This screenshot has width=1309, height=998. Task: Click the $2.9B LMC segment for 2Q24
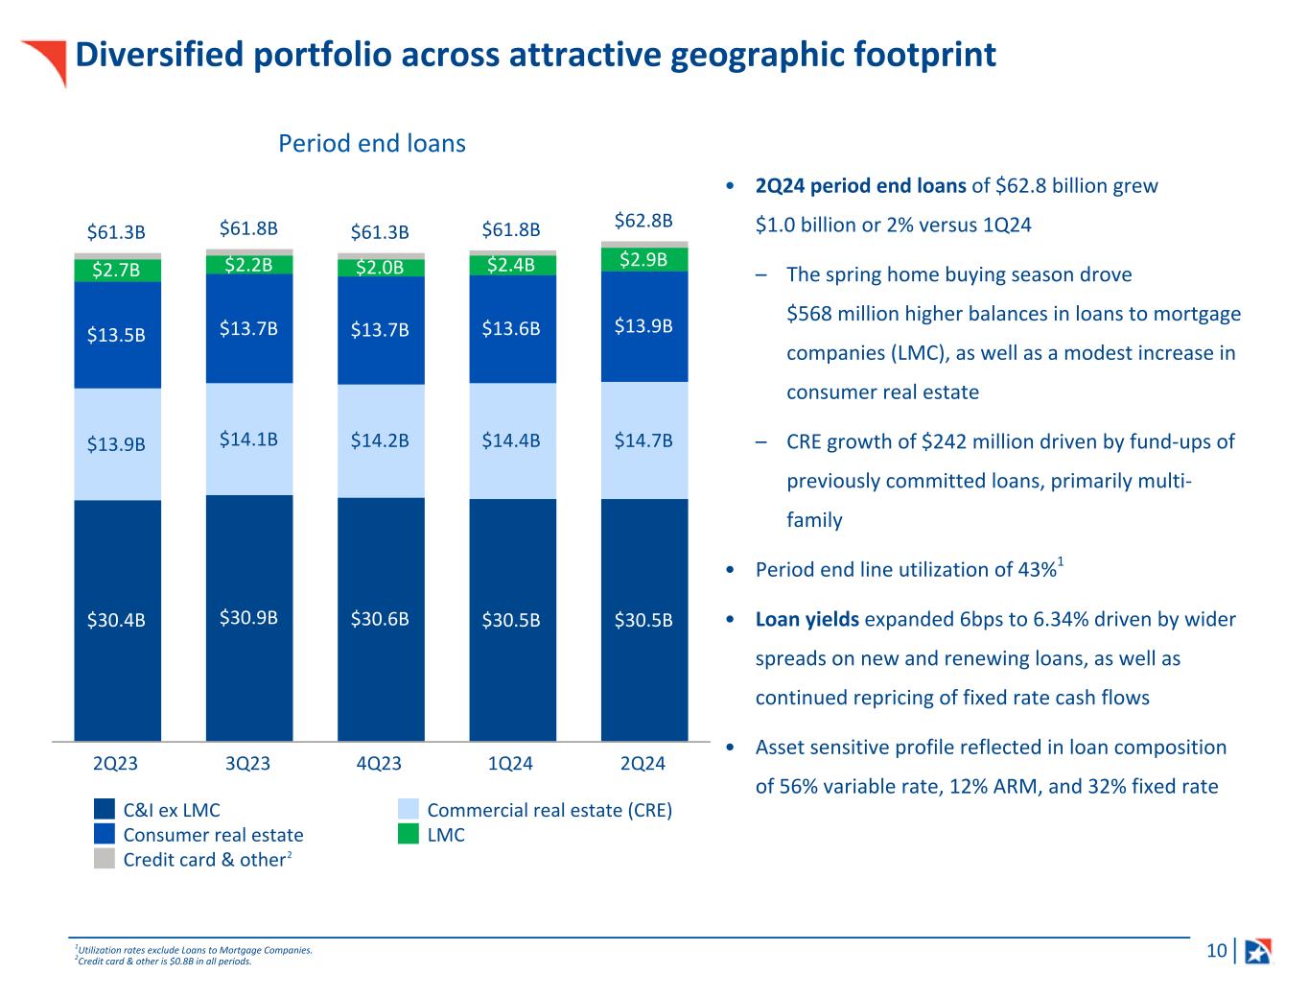pos(643,260)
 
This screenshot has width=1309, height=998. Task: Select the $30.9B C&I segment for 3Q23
pos(248,618)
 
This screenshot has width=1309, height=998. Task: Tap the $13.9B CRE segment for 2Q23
pos(117,444)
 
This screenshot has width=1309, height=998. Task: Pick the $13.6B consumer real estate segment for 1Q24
pos(511,329)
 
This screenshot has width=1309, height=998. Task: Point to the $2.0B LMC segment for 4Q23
pos(380,268)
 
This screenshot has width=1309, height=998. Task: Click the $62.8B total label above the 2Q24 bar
pos(643,221)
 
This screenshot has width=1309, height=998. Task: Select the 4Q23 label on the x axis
pos(379,764)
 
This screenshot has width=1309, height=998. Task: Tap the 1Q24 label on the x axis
pos(510,764)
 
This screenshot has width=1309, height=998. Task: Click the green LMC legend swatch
pos(409,835)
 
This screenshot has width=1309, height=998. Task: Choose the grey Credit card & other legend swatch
pos(105,859)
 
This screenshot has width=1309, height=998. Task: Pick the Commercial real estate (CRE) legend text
pos(549,810)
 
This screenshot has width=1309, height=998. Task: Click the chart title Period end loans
pos(372,144)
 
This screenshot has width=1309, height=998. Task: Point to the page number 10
pos(1216,951)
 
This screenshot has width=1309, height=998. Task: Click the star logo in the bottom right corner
pos(1257,951)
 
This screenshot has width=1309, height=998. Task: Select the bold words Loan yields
pos(807,619)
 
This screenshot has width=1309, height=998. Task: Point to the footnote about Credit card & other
pos(164,962)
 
